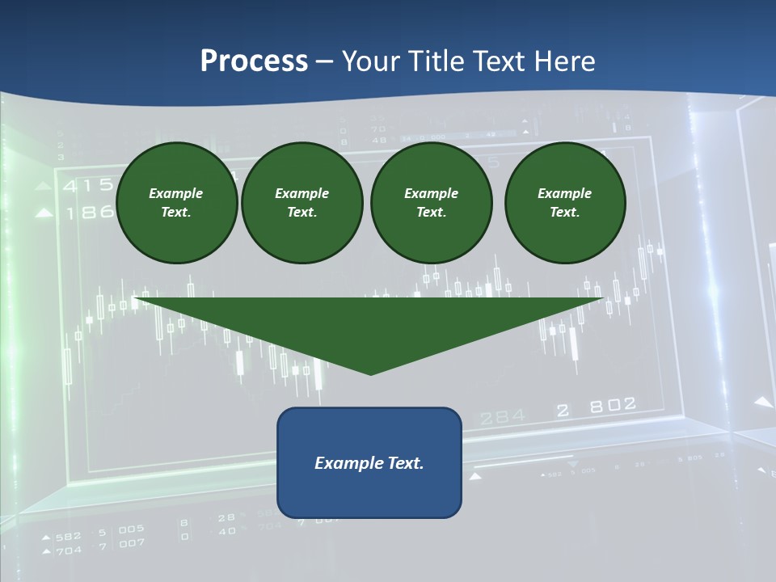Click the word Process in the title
[x=254, y=61]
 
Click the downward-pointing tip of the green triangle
[x=371, y=373]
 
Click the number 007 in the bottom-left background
[x=131, y=543]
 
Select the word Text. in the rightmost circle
[x=565, y=212]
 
